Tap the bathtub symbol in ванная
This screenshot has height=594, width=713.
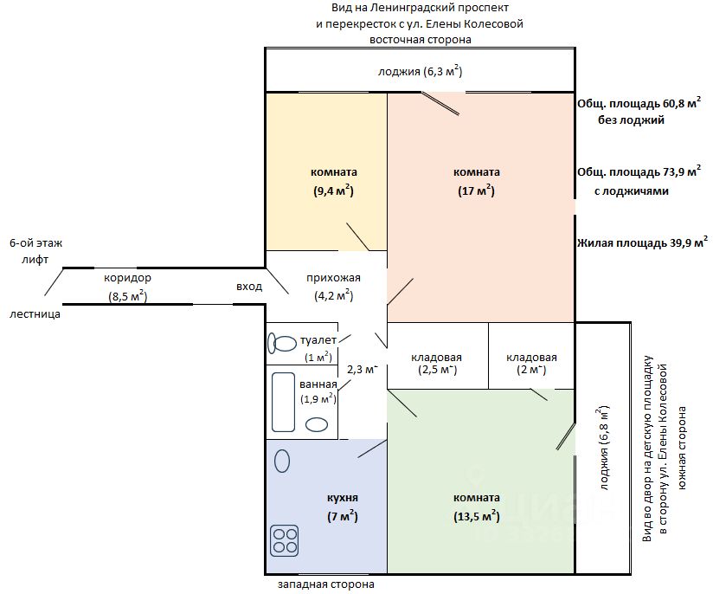[x=283, y=402]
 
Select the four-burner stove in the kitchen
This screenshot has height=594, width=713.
[x=284, y=540]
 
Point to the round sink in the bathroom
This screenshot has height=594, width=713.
[x=317, y=424]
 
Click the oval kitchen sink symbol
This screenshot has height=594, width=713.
[x=282, y=462]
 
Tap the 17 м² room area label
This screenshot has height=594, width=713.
[x=476, y=190]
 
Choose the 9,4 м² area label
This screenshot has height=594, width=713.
[x=333, y=190]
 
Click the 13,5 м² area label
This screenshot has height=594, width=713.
[x=477, y=516]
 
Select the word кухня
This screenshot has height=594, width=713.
[x=343, y=498]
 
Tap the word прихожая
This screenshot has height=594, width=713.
[x=333, y=278]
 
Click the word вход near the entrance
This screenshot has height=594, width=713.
[x=249, y=287]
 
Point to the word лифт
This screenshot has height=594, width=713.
[x=35, y=260]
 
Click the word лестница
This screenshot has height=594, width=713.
[x=35, y=314]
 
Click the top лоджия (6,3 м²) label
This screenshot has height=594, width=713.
[x=421, y=72]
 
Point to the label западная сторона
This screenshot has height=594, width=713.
[x=326, y=584]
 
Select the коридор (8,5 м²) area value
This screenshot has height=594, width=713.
[x=128, y=296]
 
